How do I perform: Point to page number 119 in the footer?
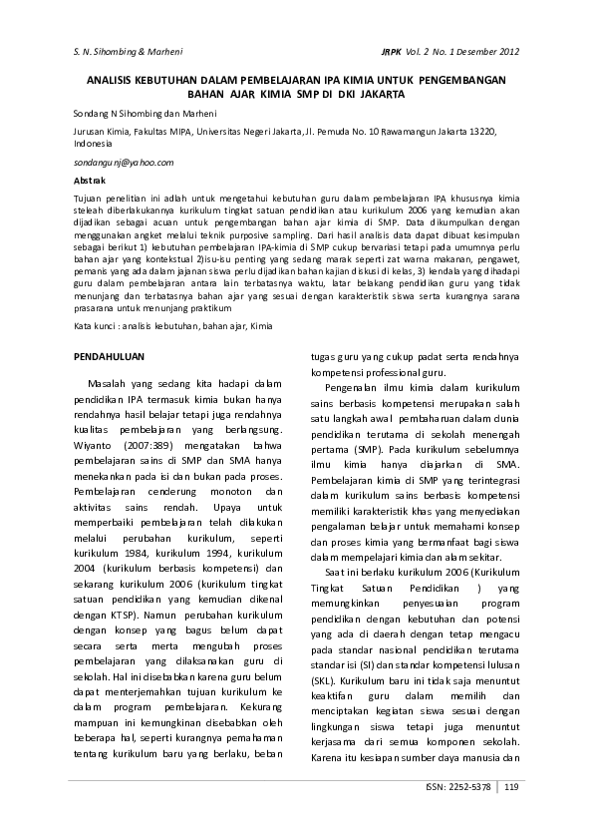[511, 787]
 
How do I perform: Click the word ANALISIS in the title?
[115, 79]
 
